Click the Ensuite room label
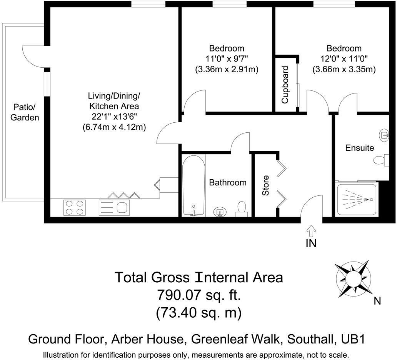[359, 148]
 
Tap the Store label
[266, 185]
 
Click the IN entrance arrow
[311, 231]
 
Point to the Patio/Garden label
[25, 112]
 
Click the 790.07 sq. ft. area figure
[198, 295]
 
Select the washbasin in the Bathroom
[220, 211]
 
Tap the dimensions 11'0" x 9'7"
[227, 59]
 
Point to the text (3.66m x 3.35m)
[344, 70]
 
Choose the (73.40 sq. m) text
[198, 313]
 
